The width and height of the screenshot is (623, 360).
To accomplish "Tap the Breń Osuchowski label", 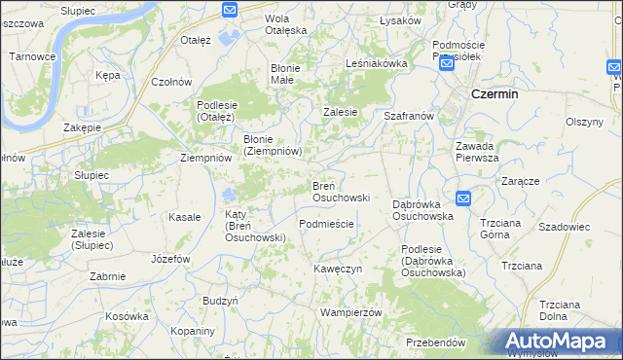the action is click(340, 191).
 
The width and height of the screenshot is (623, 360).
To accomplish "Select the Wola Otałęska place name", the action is click(286, 23).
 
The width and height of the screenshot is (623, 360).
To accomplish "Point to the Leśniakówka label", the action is click(376, 63).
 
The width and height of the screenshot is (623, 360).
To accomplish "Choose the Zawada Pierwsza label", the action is click(477, 151).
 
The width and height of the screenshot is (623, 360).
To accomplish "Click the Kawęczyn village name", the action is click(338, 268).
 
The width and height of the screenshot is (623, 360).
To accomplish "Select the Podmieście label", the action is click(326, 223).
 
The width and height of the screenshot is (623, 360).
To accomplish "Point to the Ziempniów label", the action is click(205, 157).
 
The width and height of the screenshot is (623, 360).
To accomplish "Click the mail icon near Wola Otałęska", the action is click(230, 10).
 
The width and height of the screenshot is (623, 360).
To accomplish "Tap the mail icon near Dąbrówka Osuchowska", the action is click(463, 198).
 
